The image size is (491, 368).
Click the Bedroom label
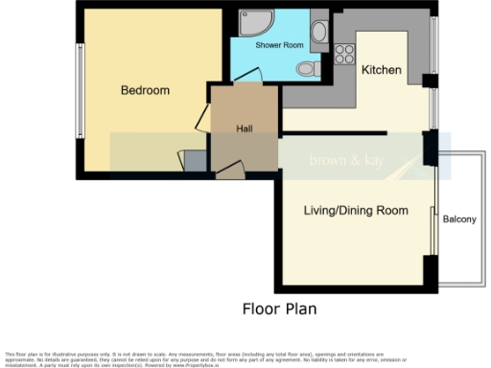click(145, 91)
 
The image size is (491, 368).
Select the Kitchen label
click(381, 70)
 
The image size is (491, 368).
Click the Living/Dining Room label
click(356, 211)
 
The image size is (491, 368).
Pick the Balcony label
click(459, 219)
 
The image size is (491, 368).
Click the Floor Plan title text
click(277, 310)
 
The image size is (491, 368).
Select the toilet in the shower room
click(306, 68)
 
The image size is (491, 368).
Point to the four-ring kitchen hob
click(343, 54)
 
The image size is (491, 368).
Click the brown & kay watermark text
click(346, 161)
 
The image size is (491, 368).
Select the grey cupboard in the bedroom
click(195, 162)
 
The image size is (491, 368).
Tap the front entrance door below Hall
click(230, 170)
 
